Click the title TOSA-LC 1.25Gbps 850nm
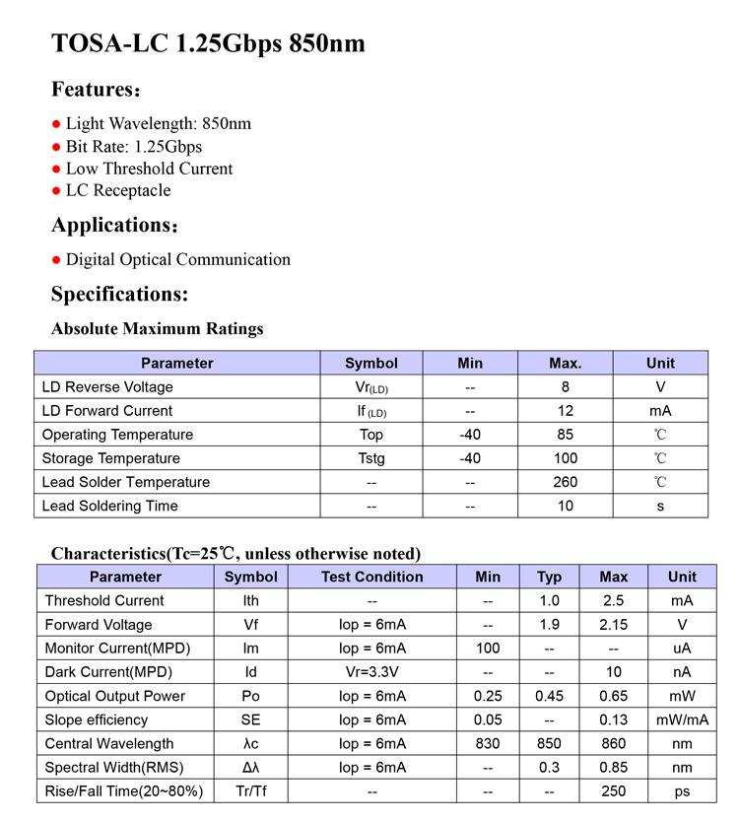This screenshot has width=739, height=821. point(208,43)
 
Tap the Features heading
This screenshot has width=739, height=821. point(96,90)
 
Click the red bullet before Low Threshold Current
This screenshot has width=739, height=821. point(56,170)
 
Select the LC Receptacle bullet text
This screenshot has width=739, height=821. point(118,190)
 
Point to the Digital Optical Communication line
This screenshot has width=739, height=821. point(177,259)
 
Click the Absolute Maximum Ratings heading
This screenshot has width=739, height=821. point(157,328)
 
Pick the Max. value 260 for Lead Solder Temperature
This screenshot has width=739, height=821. point(566,482)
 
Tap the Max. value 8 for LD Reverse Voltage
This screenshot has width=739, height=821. point(566,387)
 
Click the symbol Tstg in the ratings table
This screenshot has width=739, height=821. point(371,458)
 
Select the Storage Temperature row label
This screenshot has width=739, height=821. point(110,458)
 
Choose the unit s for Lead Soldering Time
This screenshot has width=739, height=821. point(660,506)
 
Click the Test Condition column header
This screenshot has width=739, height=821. point(371,577)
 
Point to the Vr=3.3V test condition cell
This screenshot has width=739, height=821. point(371,672)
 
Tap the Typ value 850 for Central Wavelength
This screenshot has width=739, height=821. point(549,743)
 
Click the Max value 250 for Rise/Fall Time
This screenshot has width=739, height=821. point(614,791)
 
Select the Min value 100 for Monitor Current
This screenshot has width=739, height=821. point(487,649)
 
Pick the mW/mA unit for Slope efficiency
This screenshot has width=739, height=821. point(682,719)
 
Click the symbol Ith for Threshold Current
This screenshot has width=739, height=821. point(251,600)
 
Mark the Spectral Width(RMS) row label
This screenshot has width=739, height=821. point(114,767)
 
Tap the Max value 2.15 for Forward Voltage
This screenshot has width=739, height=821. point(614,625)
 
